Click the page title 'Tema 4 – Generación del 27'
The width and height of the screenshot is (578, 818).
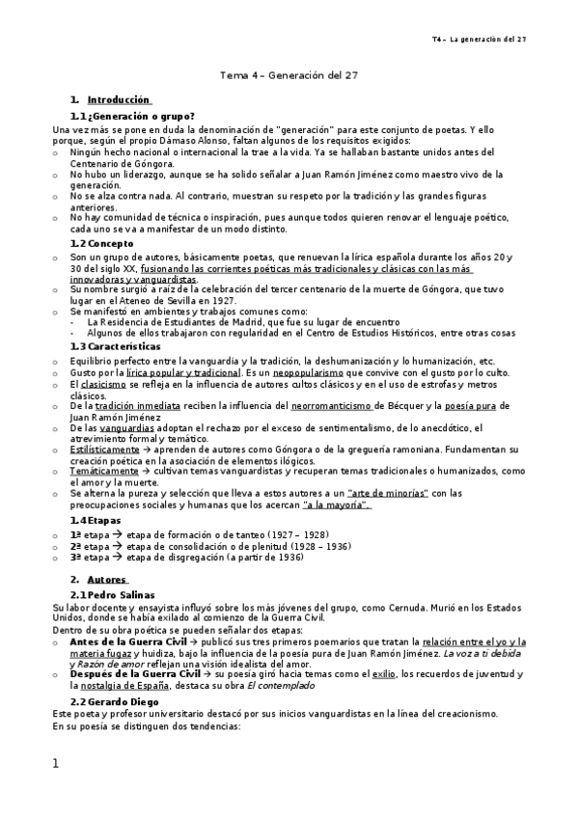point(289,74)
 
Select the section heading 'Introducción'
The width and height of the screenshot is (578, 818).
point(119,99)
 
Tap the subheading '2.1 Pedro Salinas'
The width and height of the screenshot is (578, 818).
point(120,596)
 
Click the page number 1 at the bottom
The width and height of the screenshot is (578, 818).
point(56,764)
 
